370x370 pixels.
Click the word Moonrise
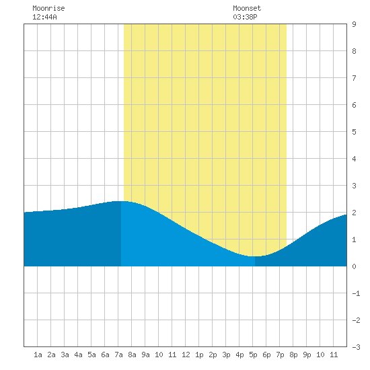[48, 8]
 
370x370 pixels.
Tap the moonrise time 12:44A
[44, 17]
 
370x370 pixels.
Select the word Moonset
[247, 8]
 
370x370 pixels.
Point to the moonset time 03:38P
[245, 17]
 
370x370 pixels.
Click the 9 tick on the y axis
[354, 24]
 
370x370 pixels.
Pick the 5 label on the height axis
[354, 132]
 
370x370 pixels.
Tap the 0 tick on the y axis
[354, 266]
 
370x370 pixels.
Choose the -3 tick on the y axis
[356, 347]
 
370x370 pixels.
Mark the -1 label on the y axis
[356, 293]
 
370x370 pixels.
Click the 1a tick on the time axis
[38, 355]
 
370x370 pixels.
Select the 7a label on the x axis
[118, 355]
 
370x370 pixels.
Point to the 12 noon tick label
[186, 355]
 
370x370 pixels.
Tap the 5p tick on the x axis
[253, 355]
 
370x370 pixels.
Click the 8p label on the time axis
[293, 355]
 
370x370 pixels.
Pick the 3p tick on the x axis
[226, 355]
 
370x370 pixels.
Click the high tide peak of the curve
[121, 201]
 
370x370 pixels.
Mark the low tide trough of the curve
[255, 256]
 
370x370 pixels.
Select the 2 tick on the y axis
[354, 213]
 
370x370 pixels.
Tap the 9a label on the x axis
[145, 355]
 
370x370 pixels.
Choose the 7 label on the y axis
[354, 78]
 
